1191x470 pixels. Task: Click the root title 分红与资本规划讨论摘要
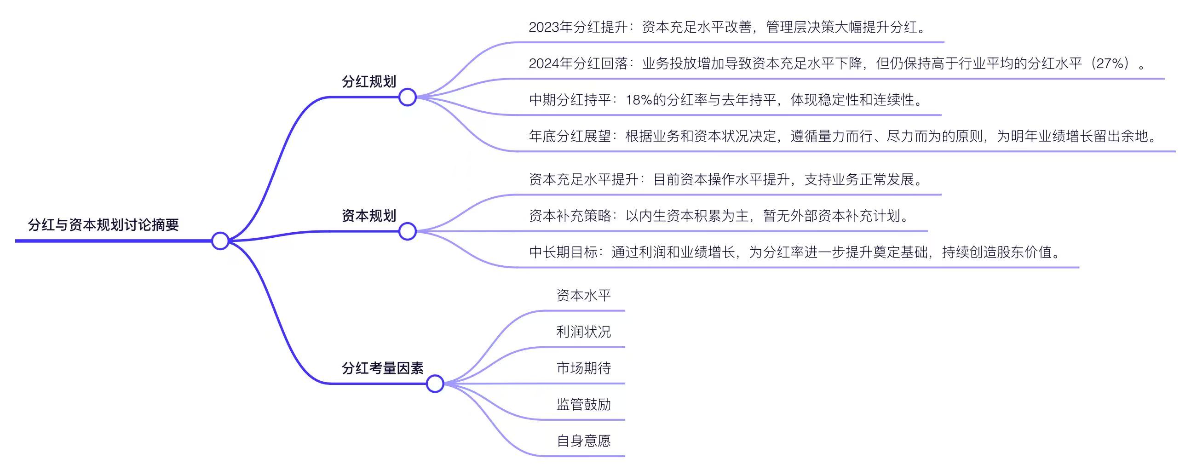pyautogui.click(x=104, y=224)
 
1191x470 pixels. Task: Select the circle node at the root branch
pyautogui.click(x=220, y=241)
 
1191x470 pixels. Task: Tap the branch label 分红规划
pyautogui.click(x=369, y=81)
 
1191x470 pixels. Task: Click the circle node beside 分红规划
pyautogui.click(x=407, y=97)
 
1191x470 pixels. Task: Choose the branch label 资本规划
pyautogui.click(x=369, y=215)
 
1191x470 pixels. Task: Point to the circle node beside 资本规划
pyautogui.click(x=407, y=231)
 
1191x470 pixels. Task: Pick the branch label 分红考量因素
pyautogui.click(x=383, y=368)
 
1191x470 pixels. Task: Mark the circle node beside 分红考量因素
pyautogui.click(x=435, y=384)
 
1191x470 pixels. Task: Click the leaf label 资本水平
pyautogui.click(x=583, y=295)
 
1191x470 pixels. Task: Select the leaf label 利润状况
pyautogui.click(x=583, y=332)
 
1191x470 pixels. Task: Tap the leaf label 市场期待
pyautogui.click(x=583, y=368)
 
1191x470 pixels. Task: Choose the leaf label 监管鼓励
pyautogui.click(x=583, y=404)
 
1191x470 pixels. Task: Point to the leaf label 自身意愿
pyautogui.click(x=583, y=441)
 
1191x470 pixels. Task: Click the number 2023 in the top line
pyautogui.click(x=544, y=27)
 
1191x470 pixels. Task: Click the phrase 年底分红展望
pyautogui.click(x=570, y=136)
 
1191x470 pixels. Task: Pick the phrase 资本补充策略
pyautogui.click(x=570, y=215)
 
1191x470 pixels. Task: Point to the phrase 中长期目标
pyautogui.click(x=563, y=252)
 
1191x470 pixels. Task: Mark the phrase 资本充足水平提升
pyautogui.click(x=583, y=179)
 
